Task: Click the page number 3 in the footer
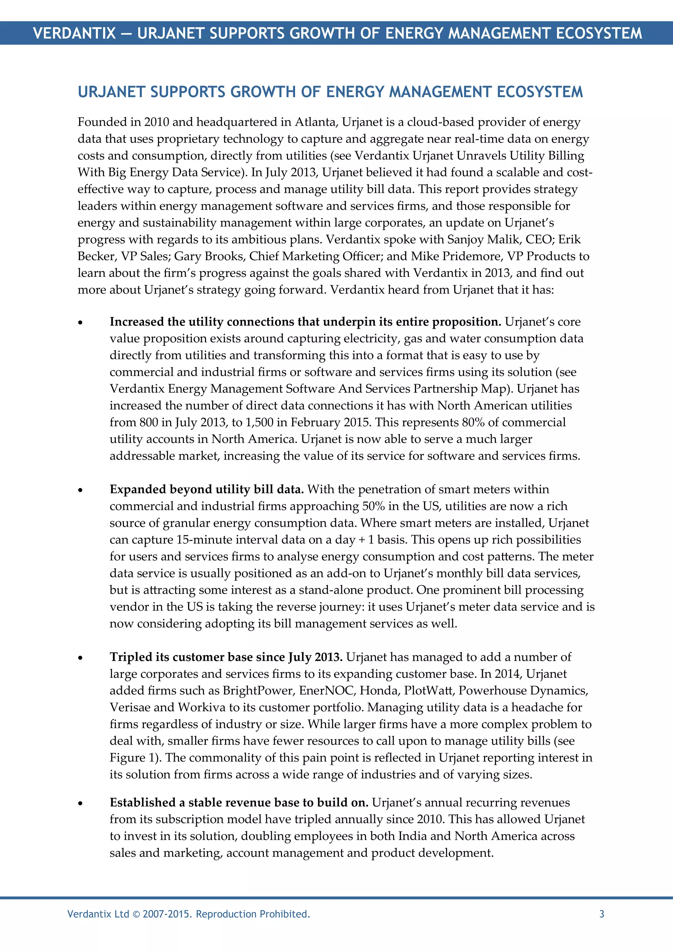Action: click(x=602, y=914)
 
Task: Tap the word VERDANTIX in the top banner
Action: click(x=74, y=33)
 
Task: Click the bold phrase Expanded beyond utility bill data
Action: click(x=206, y=490)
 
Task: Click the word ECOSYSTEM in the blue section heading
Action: click(x=539, y=92)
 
